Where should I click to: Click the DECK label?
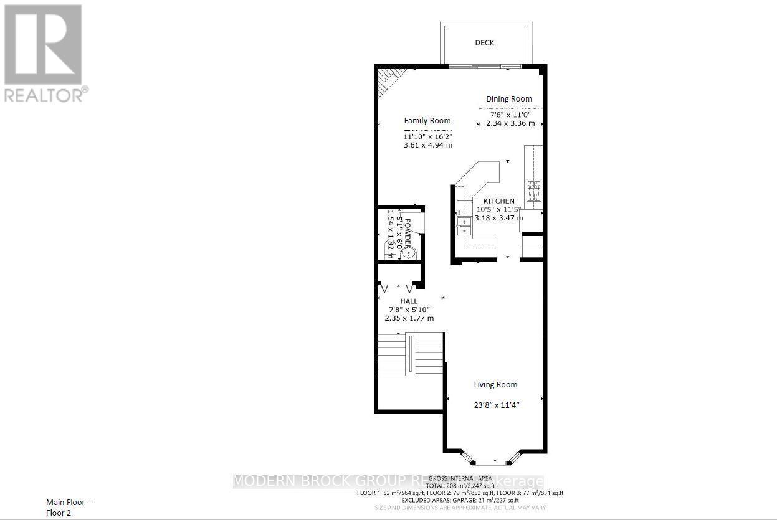pyautogui.click(x=484, y=42)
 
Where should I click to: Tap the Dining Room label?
pyautogui.click(x=509, y=98)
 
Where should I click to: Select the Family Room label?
pyautogui.click(x=427, y=120)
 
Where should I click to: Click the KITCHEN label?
pyautogui.click(x=499, y=201)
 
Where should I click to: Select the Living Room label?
pyautogui.click(x=495, y=384)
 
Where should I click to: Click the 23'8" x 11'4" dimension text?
pyautogui.click(x=497, y=404)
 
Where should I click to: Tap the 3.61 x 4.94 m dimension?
pyautogui.click(x=427, y=145)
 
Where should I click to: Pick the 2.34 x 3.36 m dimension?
pyautogui.click(x=510, y=123)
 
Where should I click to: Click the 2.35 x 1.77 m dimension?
pyautogui.click(x=409, y=318)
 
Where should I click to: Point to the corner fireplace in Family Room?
pyautogui.click(x=386, y=81)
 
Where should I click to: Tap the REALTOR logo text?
pyautogui.click(x=45, y=95)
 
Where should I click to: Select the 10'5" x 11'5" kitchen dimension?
pyautogui.click(x=499, y=210)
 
